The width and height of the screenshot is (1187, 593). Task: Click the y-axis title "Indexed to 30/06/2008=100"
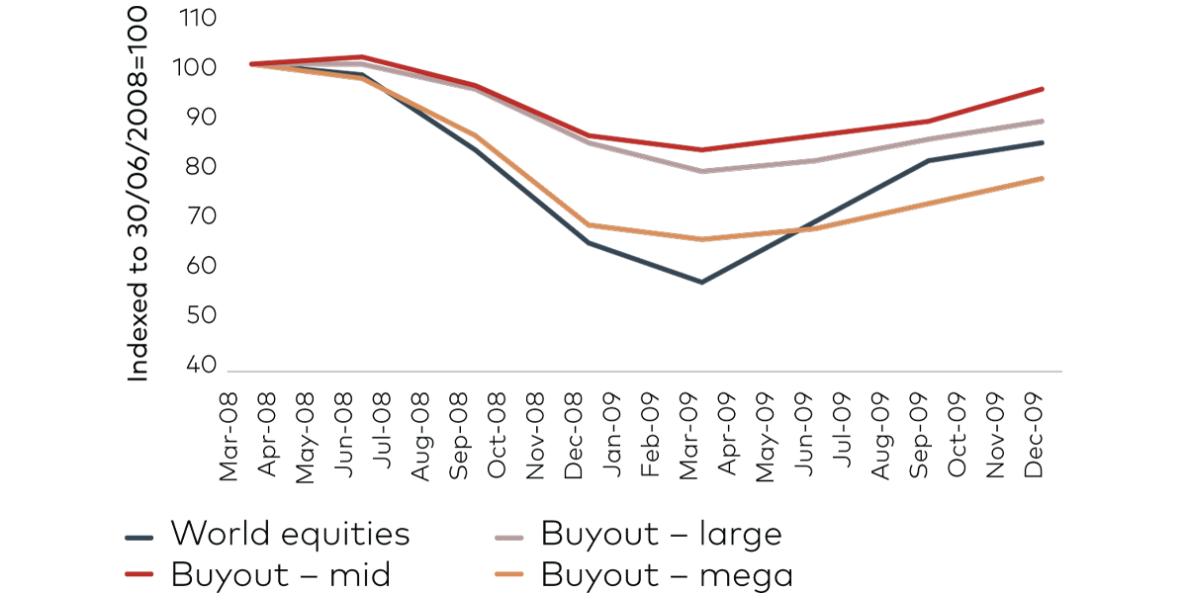[x=138, y=193]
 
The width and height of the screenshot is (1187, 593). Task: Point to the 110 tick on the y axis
[x=199, y=18]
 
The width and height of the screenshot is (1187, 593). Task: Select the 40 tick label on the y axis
[x=200, y=365]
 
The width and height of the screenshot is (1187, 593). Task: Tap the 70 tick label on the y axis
[x=200, y=216]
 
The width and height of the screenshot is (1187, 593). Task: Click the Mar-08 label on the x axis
[x=229, y=433]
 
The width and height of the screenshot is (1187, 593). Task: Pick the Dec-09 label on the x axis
[x=1036, y=432]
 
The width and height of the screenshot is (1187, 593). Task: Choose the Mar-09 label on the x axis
[x=689, y=433]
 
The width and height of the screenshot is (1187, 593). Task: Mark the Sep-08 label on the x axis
[x=459, y=433]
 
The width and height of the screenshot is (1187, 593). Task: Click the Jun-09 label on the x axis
[x=805, y=433]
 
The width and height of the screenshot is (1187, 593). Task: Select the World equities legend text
[x=290, y=535]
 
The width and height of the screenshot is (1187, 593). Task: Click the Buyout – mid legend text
[x=280, y=574]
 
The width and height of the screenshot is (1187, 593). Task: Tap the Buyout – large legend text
[x=661, y=535]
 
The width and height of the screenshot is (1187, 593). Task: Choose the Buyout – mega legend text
[x=667, y=574]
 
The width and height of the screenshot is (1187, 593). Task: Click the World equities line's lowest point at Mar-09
[x=701, y=283]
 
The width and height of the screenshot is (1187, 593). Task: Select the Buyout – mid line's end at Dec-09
[x=1043, y=89]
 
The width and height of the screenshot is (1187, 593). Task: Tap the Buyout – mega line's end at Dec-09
[x=1043, y=178]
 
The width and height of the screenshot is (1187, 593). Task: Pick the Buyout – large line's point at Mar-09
[x=701, y=171]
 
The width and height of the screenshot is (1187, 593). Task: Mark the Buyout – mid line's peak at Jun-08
[x=362, y=56]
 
